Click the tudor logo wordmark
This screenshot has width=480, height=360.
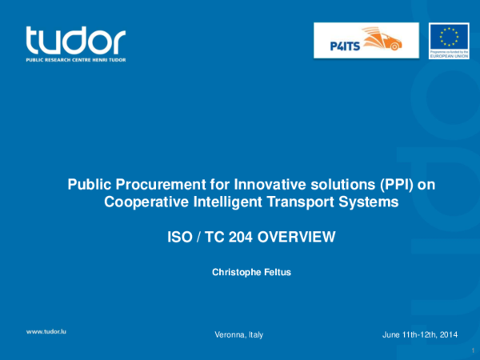pos(75,41)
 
